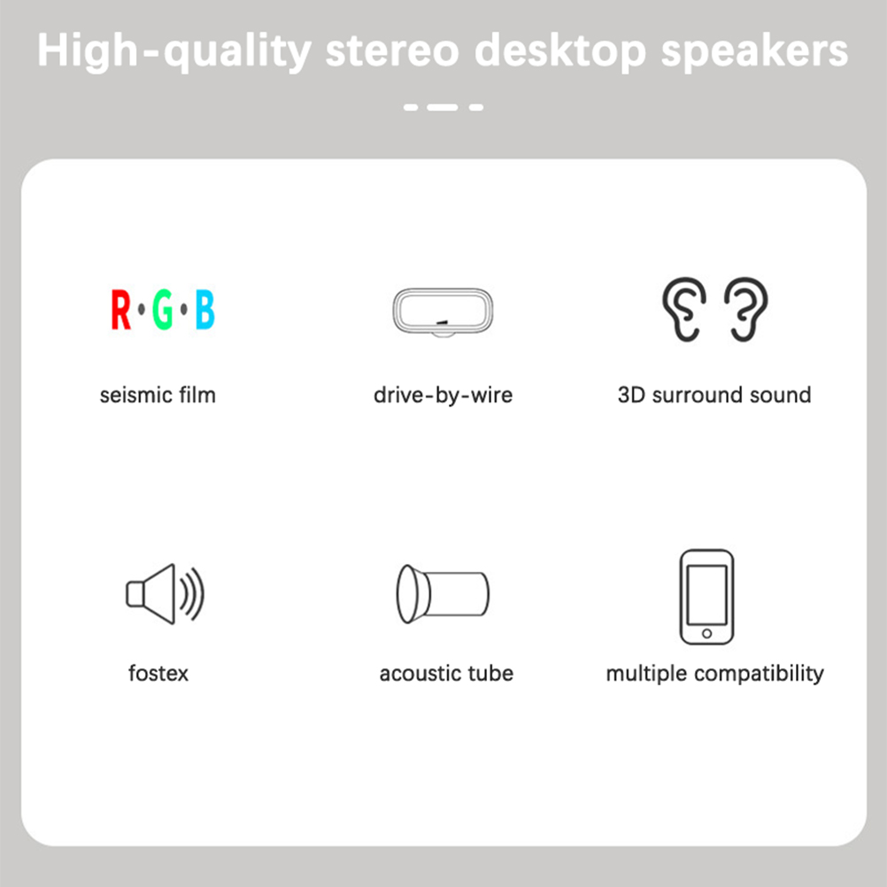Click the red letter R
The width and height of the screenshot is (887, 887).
click(120, 310)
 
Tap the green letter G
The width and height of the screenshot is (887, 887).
click(163, 310)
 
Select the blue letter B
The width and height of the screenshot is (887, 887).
click(204, 310)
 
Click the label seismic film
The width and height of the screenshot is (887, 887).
click(158, 395)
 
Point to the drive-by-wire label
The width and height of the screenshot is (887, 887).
click(443, 395)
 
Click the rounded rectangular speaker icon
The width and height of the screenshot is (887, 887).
click(443, 312)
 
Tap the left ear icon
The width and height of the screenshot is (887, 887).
click(684, 309)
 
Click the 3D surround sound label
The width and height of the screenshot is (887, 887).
click(714, 395)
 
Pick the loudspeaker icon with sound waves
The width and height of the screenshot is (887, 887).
click(164, 594)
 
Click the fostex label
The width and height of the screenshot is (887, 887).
click(158, 673)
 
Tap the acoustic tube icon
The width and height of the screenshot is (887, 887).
click(443, 594)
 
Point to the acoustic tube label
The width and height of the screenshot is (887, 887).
click(446, 673)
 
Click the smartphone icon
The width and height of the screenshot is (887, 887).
click(706, 597)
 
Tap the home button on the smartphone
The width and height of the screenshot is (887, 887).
click(706, 634)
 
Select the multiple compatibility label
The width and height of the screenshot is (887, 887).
click(714, 674)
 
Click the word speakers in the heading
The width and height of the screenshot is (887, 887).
click(754, 52)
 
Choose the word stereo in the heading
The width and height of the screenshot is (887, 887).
click(392, 51)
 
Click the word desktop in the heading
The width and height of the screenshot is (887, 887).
click(560, 52)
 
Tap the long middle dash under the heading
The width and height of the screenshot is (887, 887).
click(443, 107)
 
